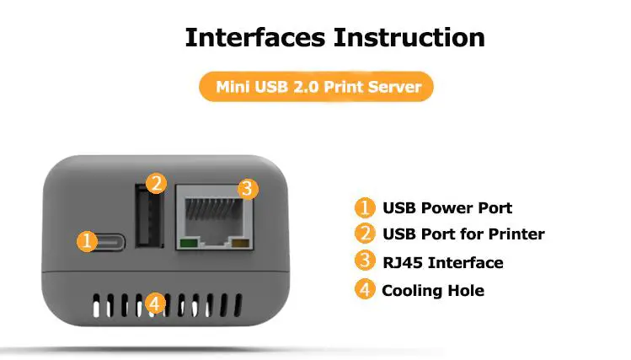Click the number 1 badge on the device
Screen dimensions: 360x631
pos(87,241)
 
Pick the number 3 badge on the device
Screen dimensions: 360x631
pos(245,189)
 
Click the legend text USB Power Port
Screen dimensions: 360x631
pos(447,207)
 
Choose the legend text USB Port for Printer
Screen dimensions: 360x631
pos(463,234)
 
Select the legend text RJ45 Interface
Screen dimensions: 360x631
pos(442,262)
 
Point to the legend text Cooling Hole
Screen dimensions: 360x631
pos(433,290)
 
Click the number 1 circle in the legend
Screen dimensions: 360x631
pos(364,207)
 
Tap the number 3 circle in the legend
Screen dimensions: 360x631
pos(364,261)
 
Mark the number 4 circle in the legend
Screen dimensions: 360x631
pos(364,289)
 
